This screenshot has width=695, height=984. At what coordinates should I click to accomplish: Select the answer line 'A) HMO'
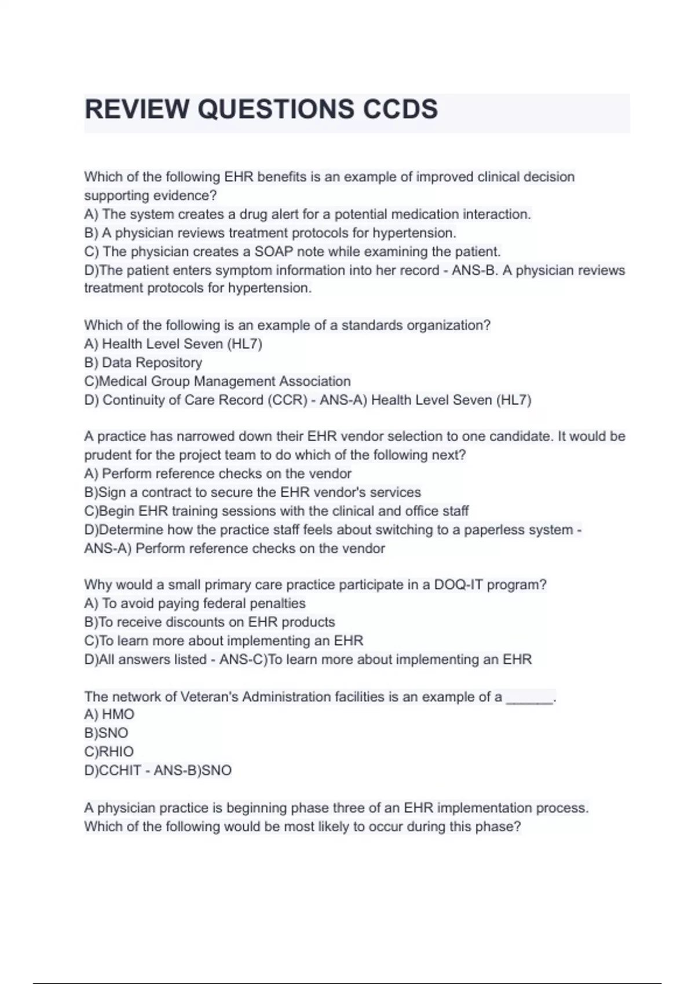(x=109, y=714)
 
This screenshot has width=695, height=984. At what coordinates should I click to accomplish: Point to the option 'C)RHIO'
(x=109, y=751)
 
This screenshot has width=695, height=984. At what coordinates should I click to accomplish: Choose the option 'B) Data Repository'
(x=143, y=362)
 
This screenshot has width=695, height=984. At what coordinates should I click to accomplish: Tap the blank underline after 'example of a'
(x=530, y=698)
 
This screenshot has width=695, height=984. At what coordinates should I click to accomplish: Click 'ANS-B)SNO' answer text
(x=193, y=770)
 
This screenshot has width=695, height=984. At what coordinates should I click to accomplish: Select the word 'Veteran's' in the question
(x=209, y=697)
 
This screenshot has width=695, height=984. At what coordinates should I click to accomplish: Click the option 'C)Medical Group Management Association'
(x=217, y=381)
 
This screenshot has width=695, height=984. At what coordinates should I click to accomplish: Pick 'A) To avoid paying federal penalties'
(x=195, y=603)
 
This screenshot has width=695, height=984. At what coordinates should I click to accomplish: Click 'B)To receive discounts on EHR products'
(x=210, y=622)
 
